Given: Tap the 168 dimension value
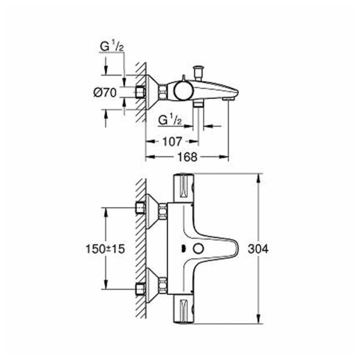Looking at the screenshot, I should point(186,157).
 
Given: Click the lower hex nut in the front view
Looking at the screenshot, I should point(140,289).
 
